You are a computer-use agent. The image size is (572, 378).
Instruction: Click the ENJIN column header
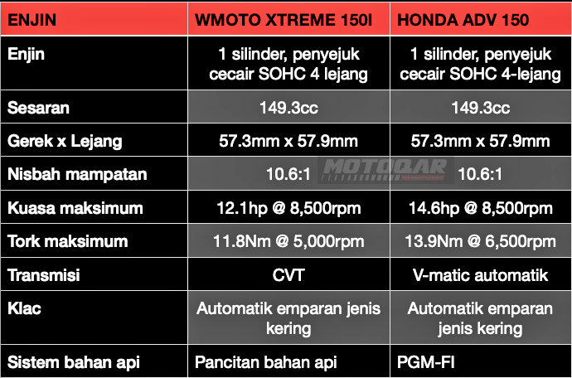[x=32, y=20]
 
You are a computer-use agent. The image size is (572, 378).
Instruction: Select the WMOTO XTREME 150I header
[x=284, y=20]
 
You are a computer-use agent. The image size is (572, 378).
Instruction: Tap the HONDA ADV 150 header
[x=463, y=20]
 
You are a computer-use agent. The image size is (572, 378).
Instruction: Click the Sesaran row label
[x=38, y=108]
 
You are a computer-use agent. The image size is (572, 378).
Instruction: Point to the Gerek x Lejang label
[x=65, y=142]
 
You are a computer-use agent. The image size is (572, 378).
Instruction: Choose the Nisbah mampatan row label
[x=77, y=174]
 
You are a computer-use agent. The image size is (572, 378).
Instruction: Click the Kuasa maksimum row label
[x=75, y=208]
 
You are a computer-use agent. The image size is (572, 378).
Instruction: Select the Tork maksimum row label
[x=68, y=241]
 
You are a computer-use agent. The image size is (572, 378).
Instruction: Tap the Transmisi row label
[x=44, y=275]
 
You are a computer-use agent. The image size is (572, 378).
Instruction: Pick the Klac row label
[x=24, y=308]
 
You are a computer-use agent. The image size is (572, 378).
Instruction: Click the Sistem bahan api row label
[x=74, y=363]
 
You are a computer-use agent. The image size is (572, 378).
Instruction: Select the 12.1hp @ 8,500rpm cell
[x=288, y=208]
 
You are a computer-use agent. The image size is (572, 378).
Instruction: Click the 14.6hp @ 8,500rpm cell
[x=481, y=208]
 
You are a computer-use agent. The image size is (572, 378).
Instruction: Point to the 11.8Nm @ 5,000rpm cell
[x=288, y=241]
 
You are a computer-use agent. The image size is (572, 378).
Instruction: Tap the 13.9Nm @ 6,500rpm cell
[x=481, y=241]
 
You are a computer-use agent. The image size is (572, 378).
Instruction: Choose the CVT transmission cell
[x=288, y=275]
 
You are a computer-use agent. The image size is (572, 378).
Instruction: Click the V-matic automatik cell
[x=481, y=275]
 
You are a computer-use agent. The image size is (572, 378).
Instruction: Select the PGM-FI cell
[x=426, y=363]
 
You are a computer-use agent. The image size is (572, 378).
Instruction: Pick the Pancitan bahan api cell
[x=265, y=363]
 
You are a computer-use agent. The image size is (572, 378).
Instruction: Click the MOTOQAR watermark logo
[x=385, y=170]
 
